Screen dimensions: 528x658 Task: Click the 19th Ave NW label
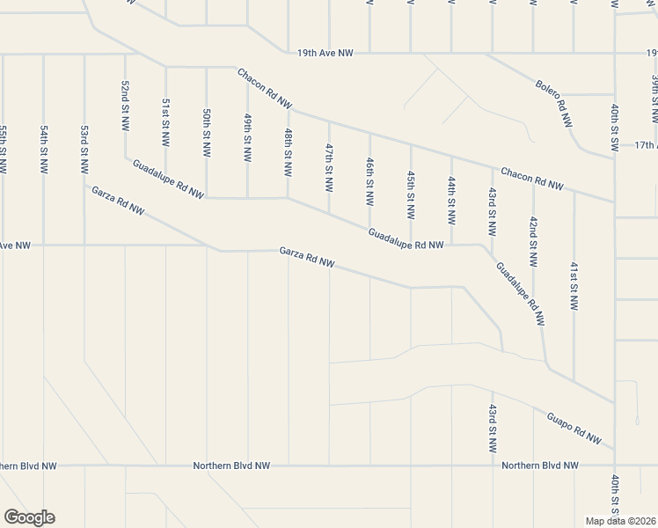click(x=325, y=54)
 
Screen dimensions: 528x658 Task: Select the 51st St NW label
click(x=165, y=121)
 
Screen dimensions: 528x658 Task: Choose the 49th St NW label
click(x=247, y=137)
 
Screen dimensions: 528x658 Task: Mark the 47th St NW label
click(x=329, y=168)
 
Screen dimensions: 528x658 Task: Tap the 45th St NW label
click(x=410, y=195)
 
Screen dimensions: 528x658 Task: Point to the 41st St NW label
click(x=574, y=287)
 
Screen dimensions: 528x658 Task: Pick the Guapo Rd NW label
click(x=574, y=427)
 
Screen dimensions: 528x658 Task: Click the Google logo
click(x=29, y=517)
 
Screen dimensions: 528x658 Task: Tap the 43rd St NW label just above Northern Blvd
click(x=492, y=429)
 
